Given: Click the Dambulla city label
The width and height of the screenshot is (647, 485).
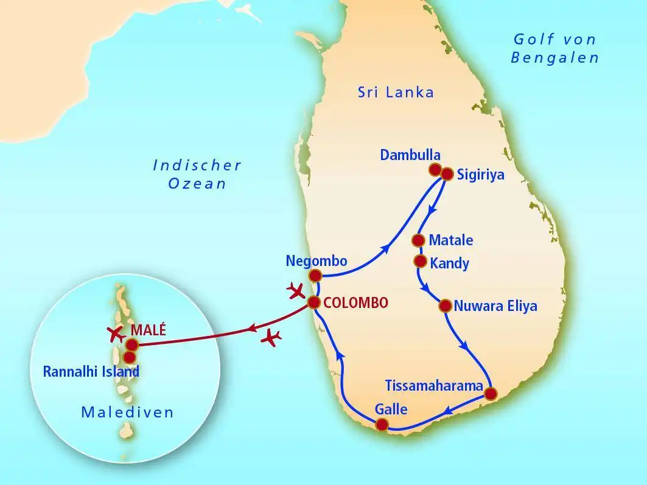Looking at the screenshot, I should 410,155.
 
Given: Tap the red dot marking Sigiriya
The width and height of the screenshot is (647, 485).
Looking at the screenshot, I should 447,174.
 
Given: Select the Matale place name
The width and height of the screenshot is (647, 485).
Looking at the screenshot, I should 451,240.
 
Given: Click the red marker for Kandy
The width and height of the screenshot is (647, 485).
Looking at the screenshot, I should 419,261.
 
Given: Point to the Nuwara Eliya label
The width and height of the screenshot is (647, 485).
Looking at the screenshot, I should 495,306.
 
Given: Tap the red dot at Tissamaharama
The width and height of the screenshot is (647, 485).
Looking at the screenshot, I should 491,394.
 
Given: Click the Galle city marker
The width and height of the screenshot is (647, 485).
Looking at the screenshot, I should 382,424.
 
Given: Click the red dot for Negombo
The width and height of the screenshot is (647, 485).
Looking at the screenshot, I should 315,276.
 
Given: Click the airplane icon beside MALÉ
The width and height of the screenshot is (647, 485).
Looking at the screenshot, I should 115,332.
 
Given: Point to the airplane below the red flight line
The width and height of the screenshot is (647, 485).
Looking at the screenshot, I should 271,337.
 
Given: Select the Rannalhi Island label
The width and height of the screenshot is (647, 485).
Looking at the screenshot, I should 91,371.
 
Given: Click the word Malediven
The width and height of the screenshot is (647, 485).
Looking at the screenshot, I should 127,413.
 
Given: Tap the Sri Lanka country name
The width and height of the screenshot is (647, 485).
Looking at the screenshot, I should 396,92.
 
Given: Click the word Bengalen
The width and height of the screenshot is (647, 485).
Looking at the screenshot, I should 555,58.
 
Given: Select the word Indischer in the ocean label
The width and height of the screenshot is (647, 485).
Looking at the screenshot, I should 197,166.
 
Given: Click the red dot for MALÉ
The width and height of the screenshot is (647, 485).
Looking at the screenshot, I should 132,344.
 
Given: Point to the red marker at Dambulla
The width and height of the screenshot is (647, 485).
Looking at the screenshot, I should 435,169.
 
